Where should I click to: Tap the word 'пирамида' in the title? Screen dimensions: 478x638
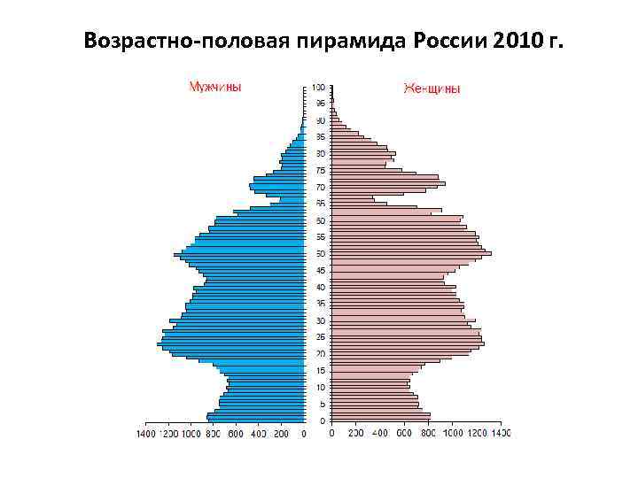(x=329, y=42)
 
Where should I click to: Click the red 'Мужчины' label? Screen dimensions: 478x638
(x=214, y=87)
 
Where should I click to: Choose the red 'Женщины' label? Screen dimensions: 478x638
(x=432, y=88)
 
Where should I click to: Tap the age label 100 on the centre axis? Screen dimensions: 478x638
(x=318, y=88)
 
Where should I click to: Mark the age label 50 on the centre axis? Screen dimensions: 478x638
(x=320, y=220)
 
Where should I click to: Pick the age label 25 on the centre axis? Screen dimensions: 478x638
(x=320, y=337)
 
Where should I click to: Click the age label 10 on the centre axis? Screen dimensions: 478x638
(x=320, y=387)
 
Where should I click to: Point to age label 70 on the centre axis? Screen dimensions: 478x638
(x=320, y=188)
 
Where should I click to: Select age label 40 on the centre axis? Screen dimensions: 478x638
(x=320, y=287)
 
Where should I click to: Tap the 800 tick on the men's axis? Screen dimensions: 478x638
(x=213, y=434)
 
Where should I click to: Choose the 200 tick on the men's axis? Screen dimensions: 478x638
(x=280, y=434)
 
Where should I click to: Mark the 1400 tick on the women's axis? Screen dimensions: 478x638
(x=502, y=434)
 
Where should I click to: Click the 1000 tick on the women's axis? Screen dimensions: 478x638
(x=453, y=434)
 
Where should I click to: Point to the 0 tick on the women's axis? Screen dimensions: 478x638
(x=331, y=434)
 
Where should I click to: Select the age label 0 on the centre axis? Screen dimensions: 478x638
(x=322, y=420)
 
